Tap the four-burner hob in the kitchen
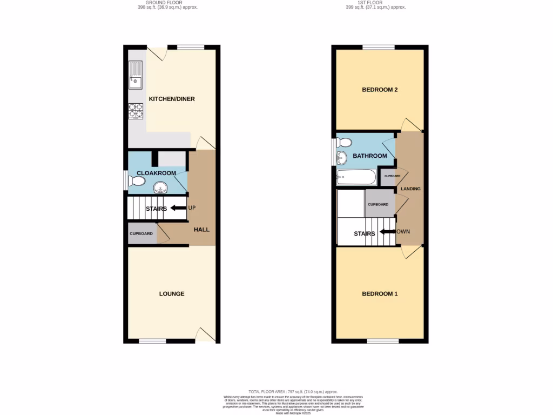(136, 110)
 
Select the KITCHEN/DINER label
(172, 99)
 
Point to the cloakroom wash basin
(160, 188)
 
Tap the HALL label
(201, 230)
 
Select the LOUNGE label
(172, 294)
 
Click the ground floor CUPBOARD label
(141, 234)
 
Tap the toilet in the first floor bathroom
(343, 143)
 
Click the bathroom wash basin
(342, 159)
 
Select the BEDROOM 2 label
(380, 90)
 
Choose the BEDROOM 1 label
(380, 294)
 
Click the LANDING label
(410, 189)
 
